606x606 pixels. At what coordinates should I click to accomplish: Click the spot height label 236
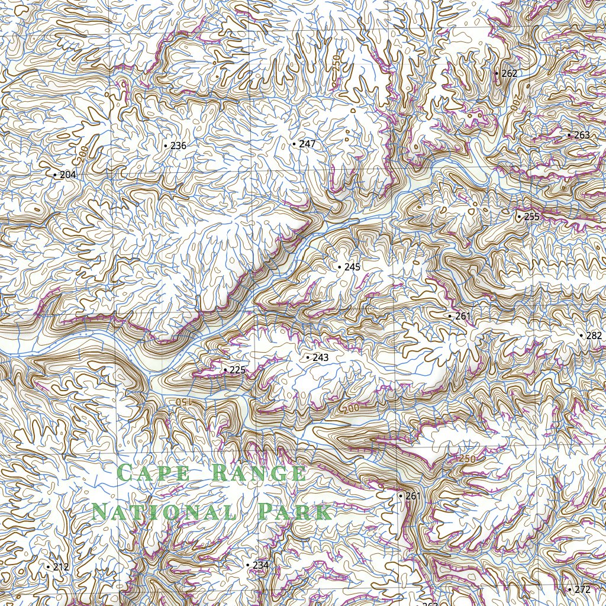click(x=178, y=146)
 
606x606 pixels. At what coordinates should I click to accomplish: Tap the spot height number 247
click(x=307, y=144)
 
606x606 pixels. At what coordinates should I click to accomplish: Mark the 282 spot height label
click(x=594, y=336)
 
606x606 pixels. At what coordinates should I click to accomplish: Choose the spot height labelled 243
click(x=320, y=357)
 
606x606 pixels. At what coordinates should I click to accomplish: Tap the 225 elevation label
click(x=237, y=370)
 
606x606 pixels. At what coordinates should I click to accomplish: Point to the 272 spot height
click(x=582, y=589)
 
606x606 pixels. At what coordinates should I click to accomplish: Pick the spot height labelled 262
click(x=509, y=73)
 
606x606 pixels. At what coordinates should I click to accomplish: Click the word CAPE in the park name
click(x=153, y=473)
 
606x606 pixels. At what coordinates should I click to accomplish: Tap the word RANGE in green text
click(x=259, y=473)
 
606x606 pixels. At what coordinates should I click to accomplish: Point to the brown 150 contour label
click(x=185, y=402)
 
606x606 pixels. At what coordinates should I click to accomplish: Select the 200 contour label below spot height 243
click(x=350, y=408)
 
